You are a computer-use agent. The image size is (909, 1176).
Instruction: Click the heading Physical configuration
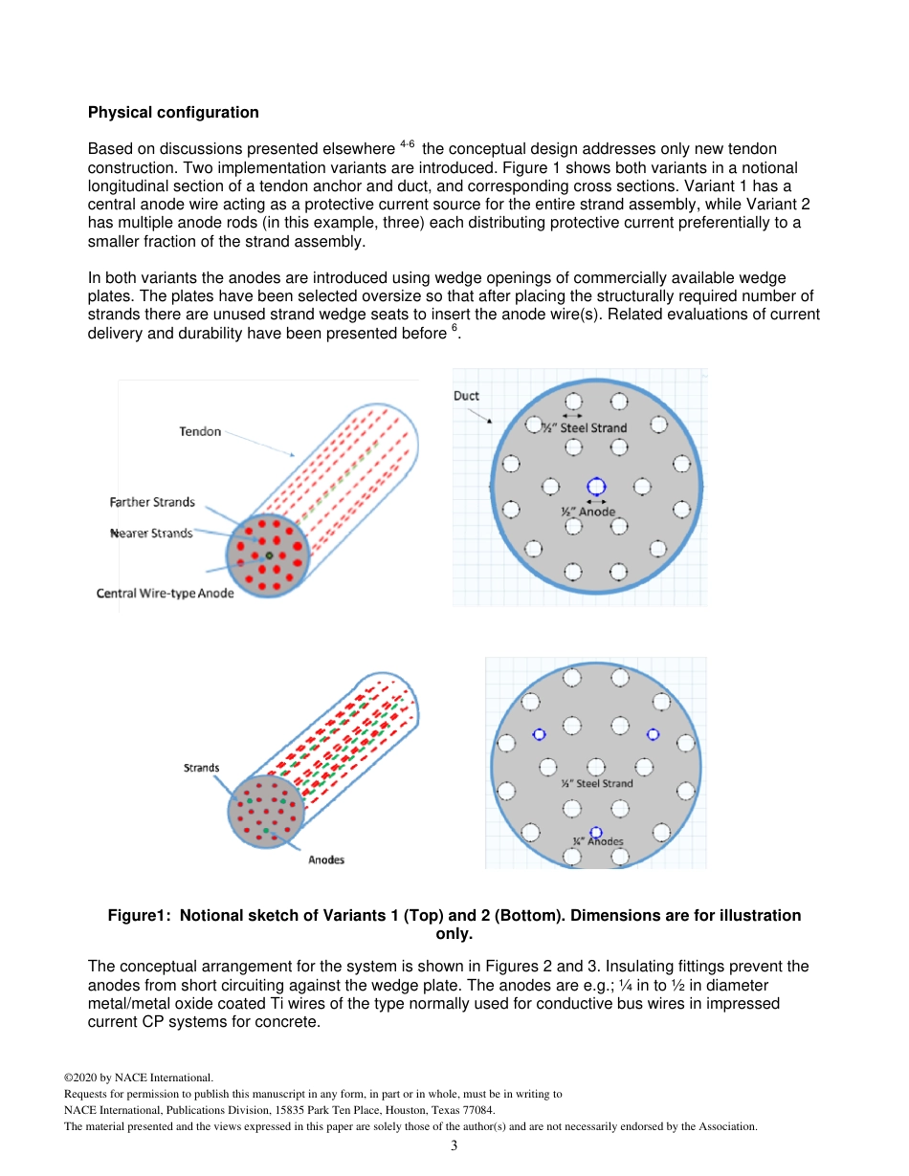point(173,113)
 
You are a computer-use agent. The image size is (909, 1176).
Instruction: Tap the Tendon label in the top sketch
point(200,431)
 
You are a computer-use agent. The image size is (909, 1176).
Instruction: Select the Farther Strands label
point(152,502)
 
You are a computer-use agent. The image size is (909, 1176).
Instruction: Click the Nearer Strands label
point(153,533)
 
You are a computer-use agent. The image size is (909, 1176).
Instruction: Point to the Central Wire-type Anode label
point(165,593)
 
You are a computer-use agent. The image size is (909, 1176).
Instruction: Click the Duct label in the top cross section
point(466,396)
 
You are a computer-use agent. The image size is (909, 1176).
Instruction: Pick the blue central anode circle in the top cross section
point(596,487)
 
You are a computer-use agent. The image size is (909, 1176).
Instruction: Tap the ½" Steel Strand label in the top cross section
point(585,427)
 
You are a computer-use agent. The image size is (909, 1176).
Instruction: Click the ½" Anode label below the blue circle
point(588,512)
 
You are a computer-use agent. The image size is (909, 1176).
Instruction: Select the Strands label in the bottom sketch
point(201,768)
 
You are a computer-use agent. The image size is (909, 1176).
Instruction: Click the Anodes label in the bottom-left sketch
point(326,860)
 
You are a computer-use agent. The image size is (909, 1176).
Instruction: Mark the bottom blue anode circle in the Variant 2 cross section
point(596,833)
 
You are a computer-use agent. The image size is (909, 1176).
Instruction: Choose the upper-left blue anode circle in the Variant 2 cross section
point(539,734)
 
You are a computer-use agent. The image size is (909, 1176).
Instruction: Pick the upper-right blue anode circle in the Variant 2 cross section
point(654,734)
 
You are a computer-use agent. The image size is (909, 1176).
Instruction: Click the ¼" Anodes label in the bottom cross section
point(598,842)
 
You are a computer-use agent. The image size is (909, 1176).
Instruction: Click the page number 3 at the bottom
point(454,1145)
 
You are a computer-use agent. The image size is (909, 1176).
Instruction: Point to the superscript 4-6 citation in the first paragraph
point(407,145)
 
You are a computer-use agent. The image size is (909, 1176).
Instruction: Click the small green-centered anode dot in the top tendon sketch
point(269,555)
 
